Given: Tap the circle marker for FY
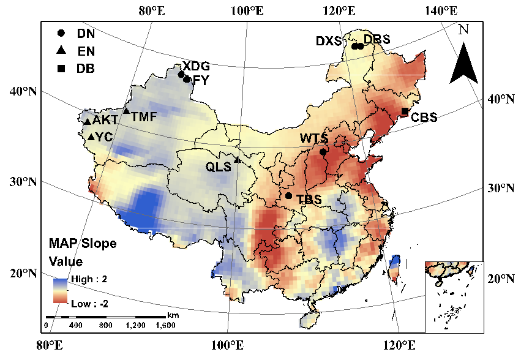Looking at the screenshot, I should click(x=186, y=79).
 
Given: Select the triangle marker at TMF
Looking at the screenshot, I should click(x=126, y=111).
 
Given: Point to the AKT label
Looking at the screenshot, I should click(x=105, y=120).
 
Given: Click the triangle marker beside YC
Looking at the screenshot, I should click(x=91, y=137).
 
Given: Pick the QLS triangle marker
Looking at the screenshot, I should click(x=237, y=160).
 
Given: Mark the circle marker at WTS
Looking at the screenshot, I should click(x=323, y=152).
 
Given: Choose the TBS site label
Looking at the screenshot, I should click(x=309, y=200).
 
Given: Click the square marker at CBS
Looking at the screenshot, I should click(x=405, y=111).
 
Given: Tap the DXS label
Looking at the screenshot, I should click(x=328, y=41).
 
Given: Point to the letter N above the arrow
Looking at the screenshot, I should click(x=463, y=29).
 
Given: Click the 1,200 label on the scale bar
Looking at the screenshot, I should click(x=135, y=324).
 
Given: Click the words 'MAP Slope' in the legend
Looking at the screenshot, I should click(x=82, y=244).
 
